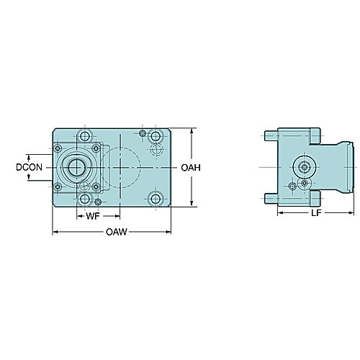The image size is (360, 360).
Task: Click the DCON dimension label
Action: tap(29, 167)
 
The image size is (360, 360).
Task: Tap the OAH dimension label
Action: tap(191, 168)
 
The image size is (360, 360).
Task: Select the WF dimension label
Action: tap(93, 216)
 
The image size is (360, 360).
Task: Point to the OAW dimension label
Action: tap(117, 232)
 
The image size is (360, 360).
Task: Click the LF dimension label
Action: tap(316, 213)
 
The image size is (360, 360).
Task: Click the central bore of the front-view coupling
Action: tap(76, 167)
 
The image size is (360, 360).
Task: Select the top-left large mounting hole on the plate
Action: tap(85, 136)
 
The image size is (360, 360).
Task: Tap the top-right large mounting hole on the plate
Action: tap(156, 136)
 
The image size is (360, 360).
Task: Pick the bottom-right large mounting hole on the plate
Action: tap(156, 199)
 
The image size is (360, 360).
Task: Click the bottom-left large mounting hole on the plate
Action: tap(85, 199)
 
